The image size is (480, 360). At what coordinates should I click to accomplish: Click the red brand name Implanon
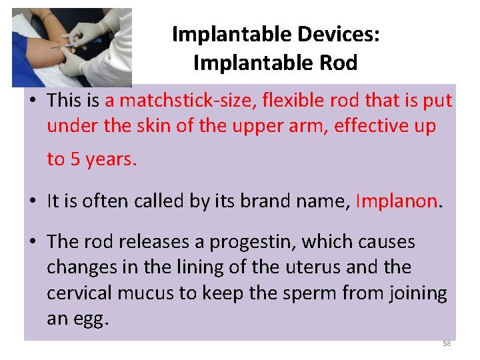(x=397, y=201)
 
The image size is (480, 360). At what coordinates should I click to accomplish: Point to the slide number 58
(x=447, y=343)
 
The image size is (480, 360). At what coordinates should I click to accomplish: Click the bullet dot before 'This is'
(x=33, y=101)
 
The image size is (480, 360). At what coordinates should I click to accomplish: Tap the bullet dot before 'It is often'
(x=33, y=201)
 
